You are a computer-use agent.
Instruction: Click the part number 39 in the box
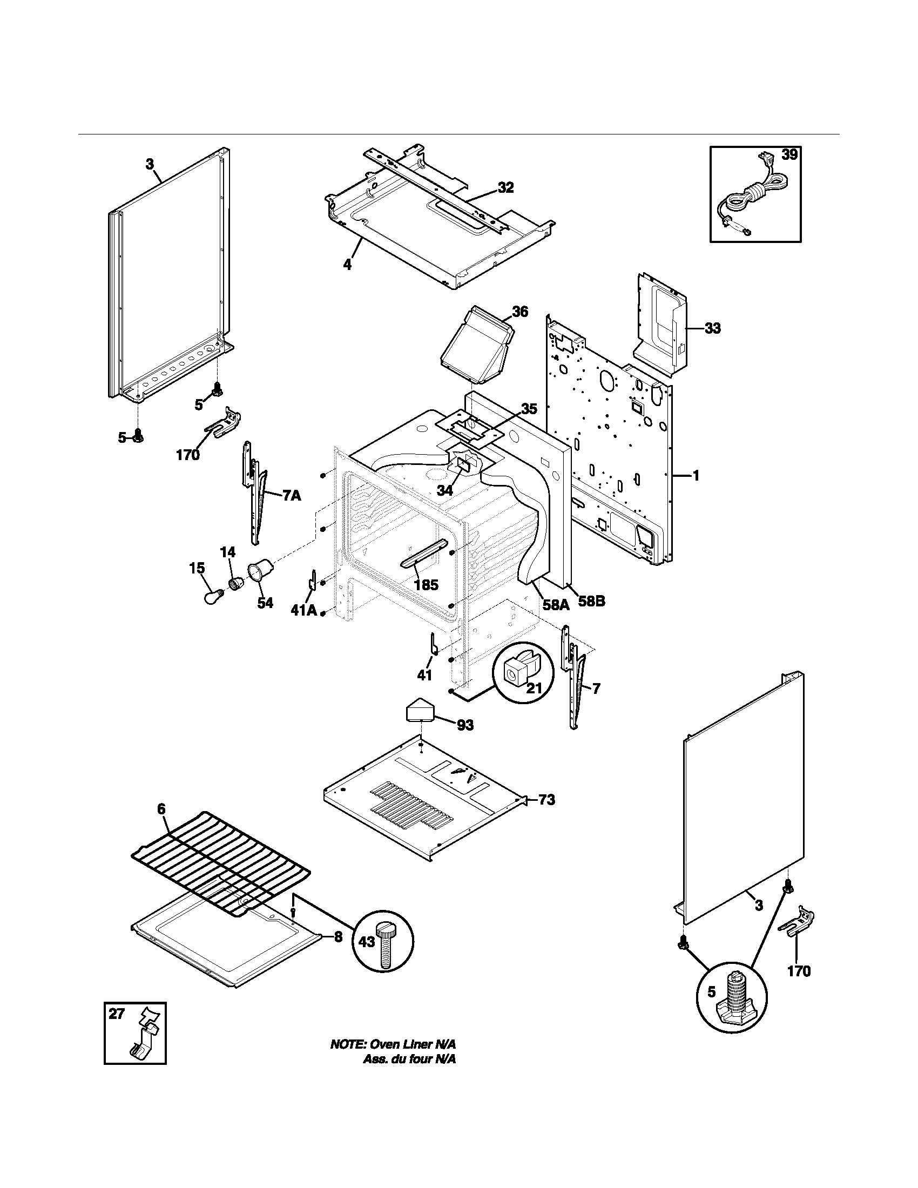789,155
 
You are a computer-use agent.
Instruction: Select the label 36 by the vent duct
520,312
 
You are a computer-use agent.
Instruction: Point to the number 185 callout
426,585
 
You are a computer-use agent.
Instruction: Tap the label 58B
591,603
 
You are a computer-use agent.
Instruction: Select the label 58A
556,604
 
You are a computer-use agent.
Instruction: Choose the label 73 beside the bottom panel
547,800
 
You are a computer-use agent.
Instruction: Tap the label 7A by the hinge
291,496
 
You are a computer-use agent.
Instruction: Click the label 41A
303,610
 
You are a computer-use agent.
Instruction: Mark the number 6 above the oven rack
161,824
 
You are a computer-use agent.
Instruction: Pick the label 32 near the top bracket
505,188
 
